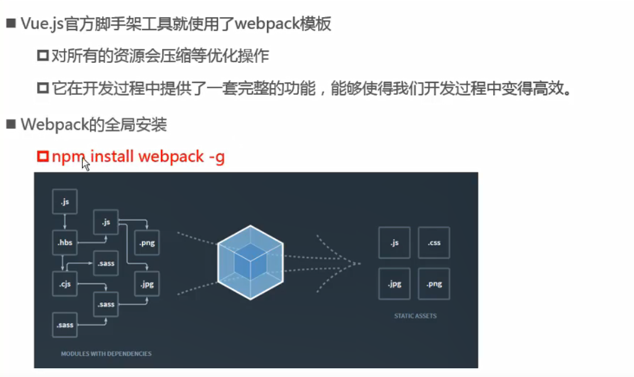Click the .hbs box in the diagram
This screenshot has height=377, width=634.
coord(65,242)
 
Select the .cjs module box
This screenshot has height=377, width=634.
coord(65,284)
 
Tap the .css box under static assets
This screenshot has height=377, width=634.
coord(434,242)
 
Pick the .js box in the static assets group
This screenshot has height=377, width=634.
coord(394,242)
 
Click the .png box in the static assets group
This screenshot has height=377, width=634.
coord(434,283)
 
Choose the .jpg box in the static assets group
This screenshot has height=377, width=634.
coord(394,283)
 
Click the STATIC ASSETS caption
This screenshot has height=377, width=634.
coord(415,316)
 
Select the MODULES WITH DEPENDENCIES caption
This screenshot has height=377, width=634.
coord(106,354)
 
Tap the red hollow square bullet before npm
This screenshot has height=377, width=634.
coord(42,157)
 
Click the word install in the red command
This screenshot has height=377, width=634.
coord(112,157)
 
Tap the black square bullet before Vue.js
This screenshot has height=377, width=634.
coord(10,24)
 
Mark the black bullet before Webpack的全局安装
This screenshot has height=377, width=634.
coord(10,125)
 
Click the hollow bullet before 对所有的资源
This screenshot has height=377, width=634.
coord(42,56)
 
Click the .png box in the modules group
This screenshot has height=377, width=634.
coord(147,242)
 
